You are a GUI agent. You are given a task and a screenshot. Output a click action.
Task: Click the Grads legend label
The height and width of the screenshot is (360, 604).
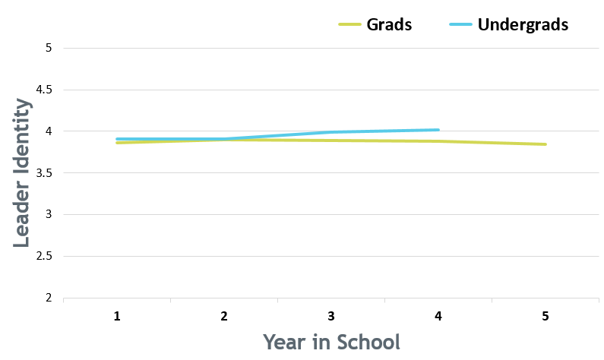click(389, 24)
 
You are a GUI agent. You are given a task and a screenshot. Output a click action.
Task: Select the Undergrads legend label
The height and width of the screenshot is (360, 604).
click(523, 25)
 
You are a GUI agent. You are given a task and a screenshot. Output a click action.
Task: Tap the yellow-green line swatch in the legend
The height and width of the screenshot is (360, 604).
click(349, 24)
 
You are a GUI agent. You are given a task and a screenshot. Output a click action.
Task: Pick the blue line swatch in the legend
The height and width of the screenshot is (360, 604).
click(460, 24)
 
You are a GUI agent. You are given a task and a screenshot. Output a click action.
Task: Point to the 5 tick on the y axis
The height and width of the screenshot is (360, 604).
click(49, 48)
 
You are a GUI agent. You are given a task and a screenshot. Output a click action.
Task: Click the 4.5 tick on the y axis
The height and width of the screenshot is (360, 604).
click(43, 90)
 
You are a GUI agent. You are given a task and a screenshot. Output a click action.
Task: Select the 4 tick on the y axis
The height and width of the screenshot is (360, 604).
click(49, 131)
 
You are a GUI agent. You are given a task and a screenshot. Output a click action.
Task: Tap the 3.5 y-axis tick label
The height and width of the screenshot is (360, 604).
click(43, 173)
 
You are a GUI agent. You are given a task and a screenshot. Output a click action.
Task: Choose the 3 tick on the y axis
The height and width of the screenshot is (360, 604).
click(49, 214)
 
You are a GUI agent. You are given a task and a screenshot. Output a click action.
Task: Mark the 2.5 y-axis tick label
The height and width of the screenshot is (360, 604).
click(43, 256)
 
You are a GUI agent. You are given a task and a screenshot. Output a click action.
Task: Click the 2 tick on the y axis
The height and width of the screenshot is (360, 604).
click(49, 298)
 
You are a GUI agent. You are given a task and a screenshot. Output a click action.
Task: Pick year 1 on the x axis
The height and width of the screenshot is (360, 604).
click(117, 317)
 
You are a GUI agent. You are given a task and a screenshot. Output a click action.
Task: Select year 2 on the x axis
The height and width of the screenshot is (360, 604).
click(224, 317)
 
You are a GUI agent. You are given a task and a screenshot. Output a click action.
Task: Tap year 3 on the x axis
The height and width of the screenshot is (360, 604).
click(331, 317)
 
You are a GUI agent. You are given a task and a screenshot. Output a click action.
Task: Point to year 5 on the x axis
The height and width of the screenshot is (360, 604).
click(545, 317)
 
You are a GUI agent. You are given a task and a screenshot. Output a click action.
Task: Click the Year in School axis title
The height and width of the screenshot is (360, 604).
click(332, 342)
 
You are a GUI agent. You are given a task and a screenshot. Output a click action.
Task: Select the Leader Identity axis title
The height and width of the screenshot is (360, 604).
click(21, 173)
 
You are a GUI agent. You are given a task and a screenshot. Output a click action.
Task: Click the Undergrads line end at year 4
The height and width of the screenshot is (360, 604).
click(438, 130)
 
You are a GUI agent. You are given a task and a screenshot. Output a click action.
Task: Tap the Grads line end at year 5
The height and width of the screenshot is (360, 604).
click(545, 144)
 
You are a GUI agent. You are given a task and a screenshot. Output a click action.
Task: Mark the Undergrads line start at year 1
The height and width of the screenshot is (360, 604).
click(117, 139)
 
